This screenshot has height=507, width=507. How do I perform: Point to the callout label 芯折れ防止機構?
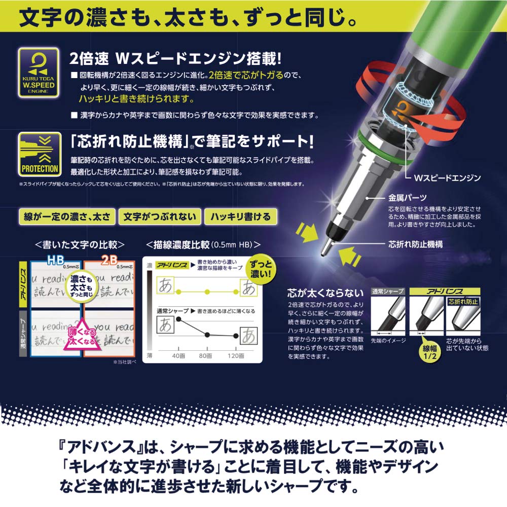click(415, 244)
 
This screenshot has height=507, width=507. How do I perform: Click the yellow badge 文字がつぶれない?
click(160, 216)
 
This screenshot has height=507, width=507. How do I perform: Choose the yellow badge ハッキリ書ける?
click(241, 216)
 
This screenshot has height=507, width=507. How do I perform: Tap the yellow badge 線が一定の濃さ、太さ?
click(66, 216)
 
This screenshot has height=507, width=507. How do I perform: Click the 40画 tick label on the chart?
click(178, 356)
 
